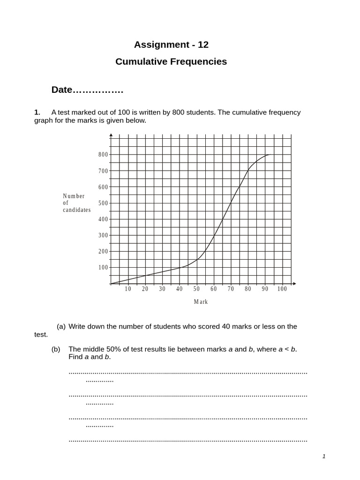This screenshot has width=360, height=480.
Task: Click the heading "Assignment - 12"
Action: click(171, 45)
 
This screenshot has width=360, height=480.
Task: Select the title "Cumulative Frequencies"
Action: click(171, 62)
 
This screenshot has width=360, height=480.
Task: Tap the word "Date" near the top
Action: click(62, 90)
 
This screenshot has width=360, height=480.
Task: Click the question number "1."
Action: click(37, 112)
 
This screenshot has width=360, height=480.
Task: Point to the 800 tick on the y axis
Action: click(103, 155)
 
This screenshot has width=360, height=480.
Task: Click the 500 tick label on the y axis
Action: click(103, 203)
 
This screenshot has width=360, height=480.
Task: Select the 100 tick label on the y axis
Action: click(103, 268)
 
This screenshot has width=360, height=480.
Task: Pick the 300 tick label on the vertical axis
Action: click(103, 235)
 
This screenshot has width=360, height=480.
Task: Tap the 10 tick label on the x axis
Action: click(128, 289)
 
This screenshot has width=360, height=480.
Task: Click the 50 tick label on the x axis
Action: click(196, 289)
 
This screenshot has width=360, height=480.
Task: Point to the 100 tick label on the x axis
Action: click(282, 289)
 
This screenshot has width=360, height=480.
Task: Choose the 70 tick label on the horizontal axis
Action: click(231, 289)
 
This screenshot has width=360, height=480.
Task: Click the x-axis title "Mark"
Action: click(201, 302)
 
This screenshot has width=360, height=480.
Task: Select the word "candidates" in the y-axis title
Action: click(77, 210)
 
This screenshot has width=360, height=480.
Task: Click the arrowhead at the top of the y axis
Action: click(111, 135)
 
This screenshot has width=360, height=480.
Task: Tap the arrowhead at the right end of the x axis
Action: click(294, 284)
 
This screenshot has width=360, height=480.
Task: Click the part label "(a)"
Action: click(61, 326)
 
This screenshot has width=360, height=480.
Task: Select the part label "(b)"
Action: click(56, 349)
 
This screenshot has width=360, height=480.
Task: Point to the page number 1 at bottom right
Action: click(324, 457)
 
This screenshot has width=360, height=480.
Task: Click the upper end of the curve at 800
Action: click(269, 155)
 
